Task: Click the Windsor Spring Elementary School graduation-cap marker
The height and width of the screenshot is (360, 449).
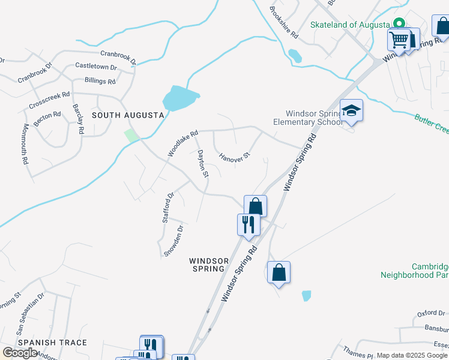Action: point(351,111)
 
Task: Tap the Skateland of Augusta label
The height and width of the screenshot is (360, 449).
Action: point(349,25)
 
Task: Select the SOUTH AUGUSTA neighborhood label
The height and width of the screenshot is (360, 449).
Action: point(128,115)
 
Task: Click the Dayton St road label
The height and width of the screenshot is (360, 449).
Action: point(203,164)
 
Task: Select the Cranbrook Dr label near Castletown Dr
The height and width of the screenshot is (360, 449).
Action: point(118,58)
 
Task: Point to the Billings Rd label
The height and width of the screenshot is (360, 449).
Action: point(100,81)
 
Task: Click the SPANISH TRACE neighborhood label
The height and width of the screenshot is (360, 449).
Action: point(52,343)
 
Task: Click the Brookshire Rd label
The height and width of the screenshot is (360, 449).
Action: point(284,22)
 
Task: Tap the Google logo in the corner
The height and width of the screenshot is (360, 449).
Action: point(20,352)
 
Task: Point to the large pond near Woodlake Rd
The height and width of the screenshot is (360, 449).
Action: point(180,98)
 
